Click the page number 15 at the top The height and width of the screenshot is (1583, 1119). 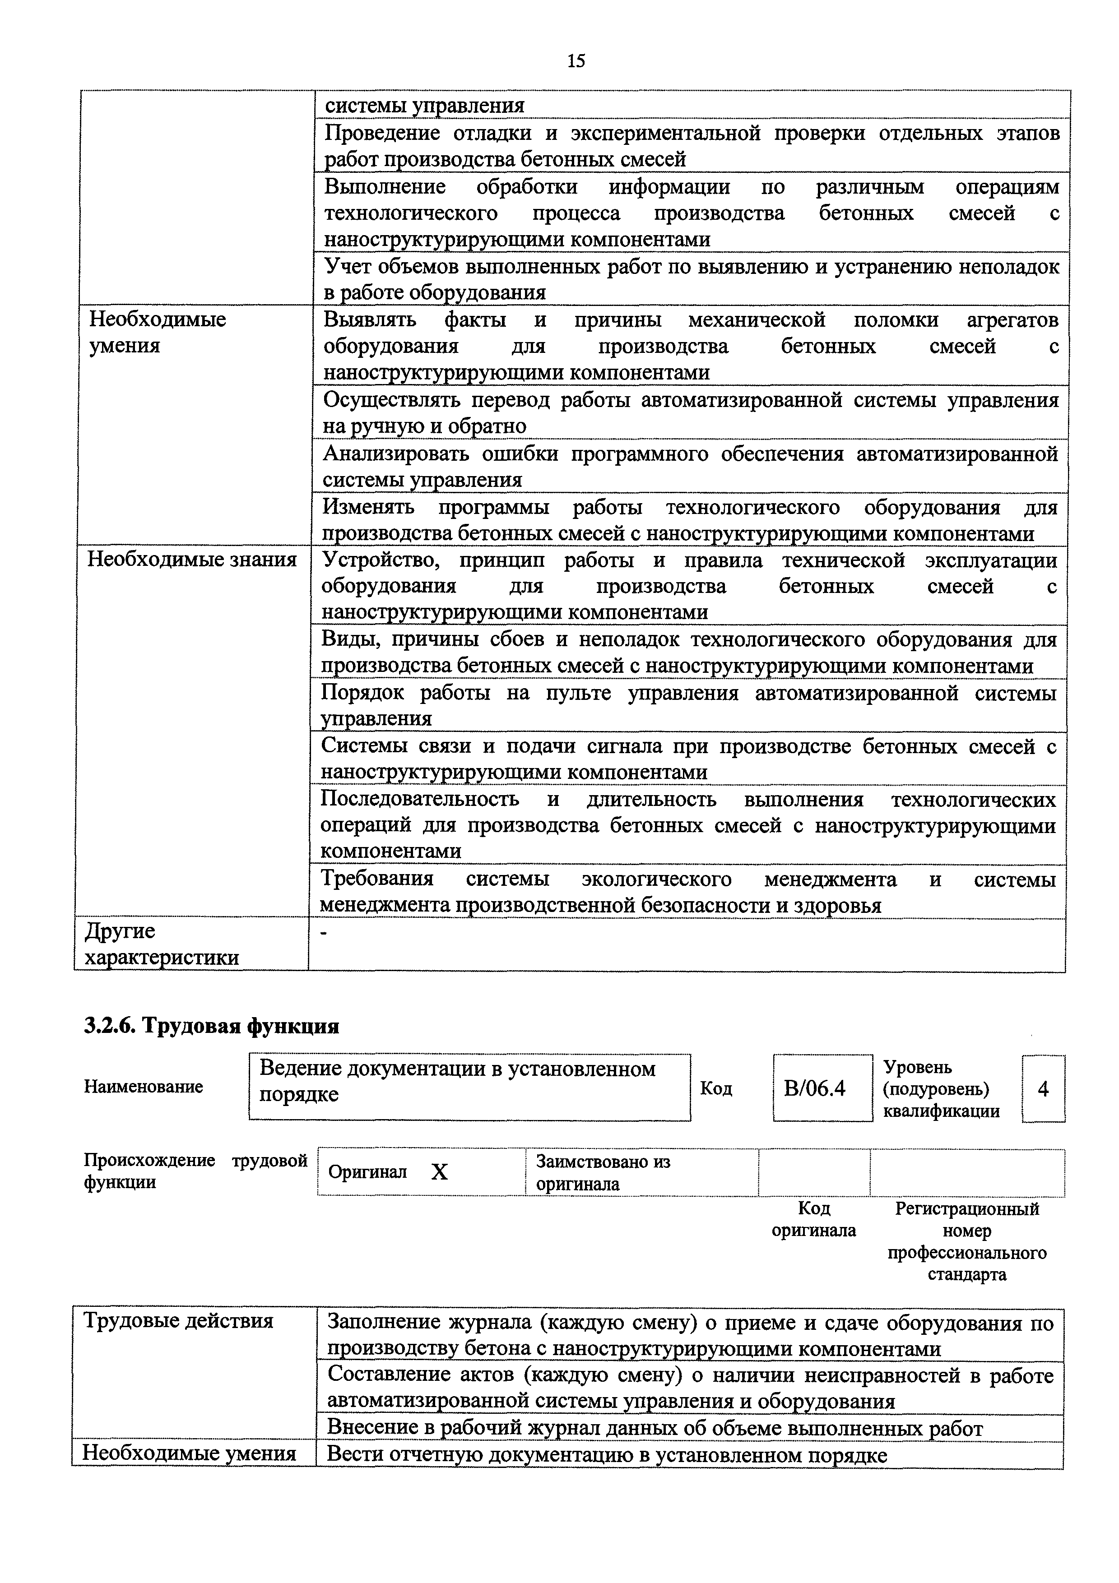(x=576, y=61)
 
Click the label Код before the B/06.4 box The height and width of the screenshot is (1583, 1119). (x=715, y=1088)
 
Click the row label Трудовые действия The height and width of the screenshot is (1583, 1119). (x=178, y=1320)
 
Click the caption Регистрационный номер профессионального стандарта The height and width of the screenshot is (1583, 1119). (x=966, y=1241)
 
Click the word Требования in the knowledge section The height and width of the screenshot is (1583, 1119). (x=377, y=879)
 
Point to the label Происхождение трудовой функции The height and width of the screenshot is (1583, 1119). (x=195, y=1171)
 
